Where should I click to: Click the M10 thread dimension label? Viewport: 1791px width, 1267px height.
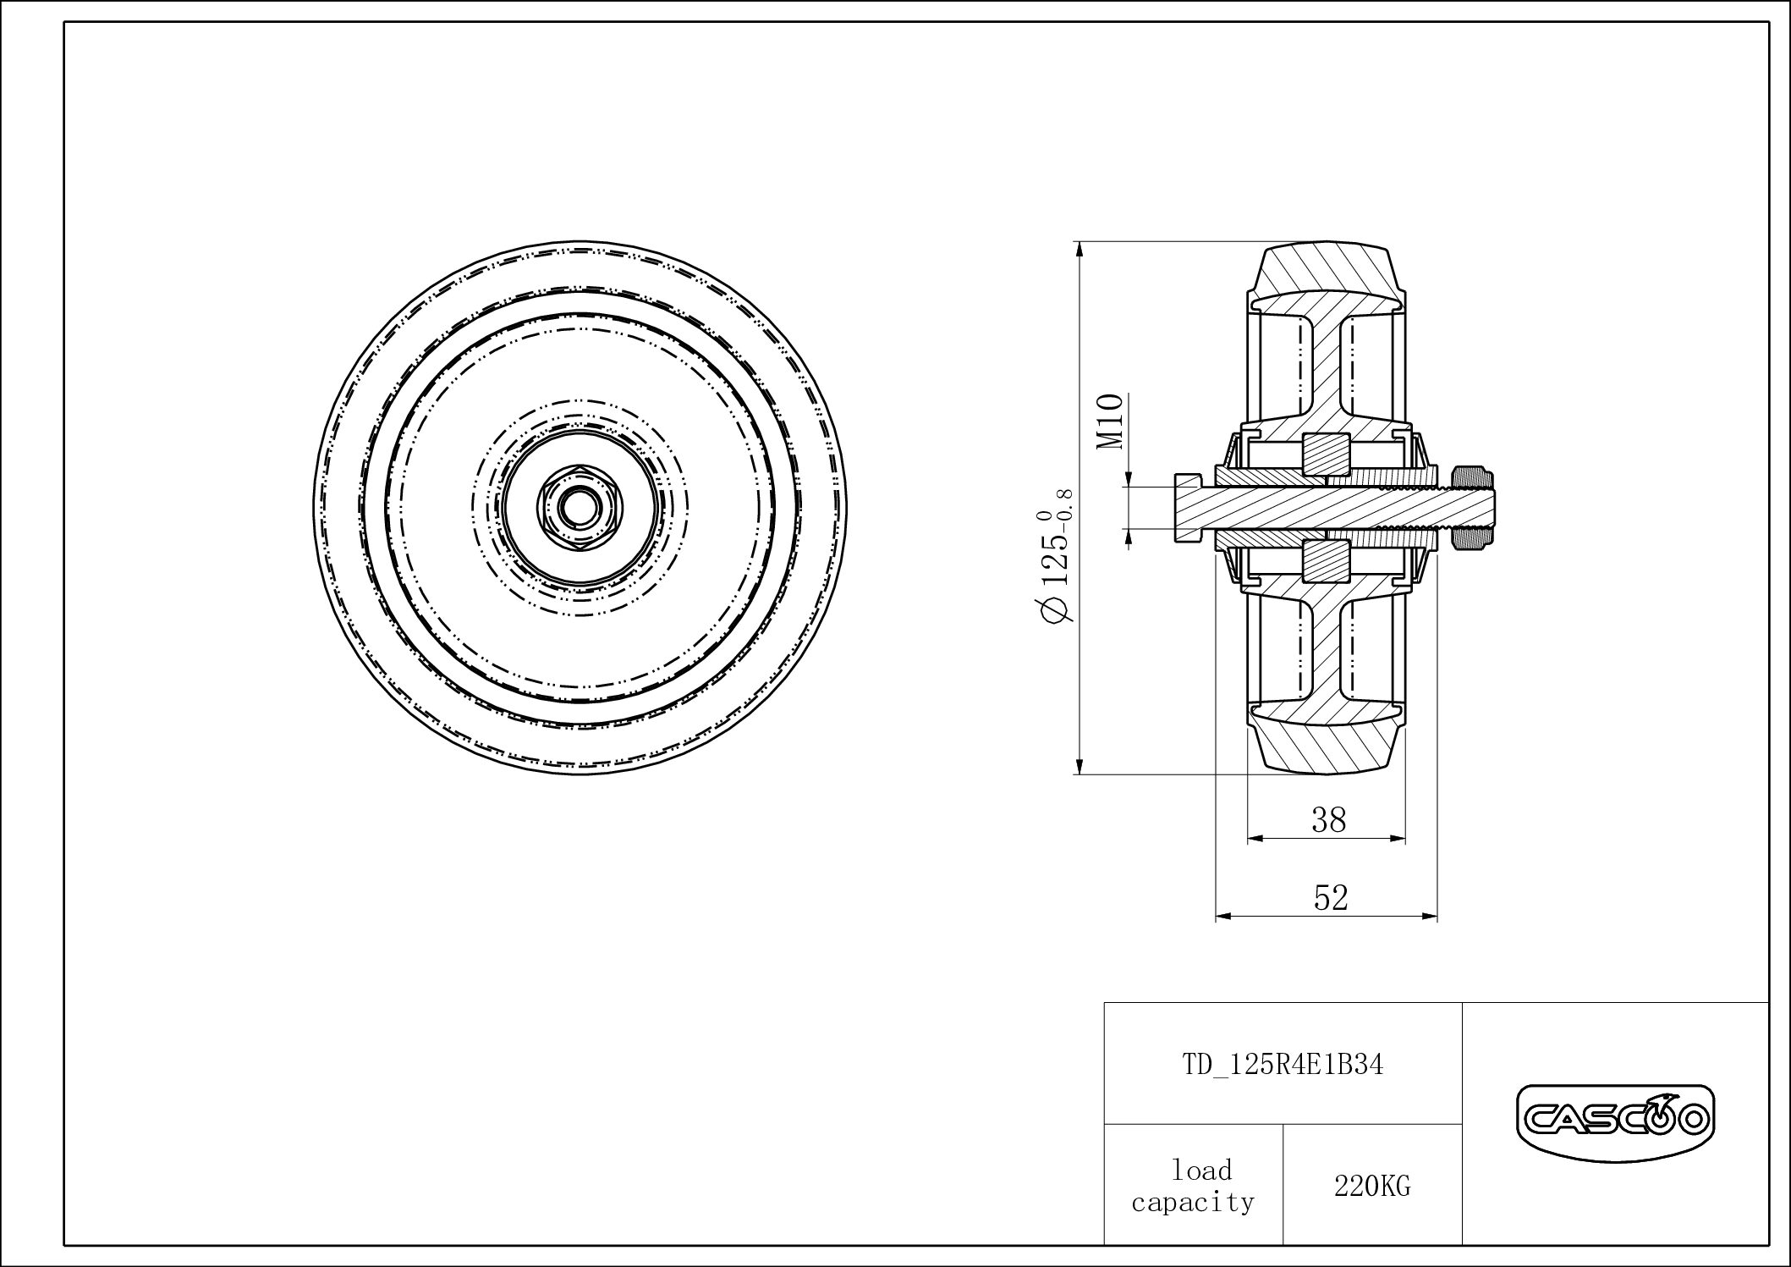pyautogui.click(x=1110, y=421)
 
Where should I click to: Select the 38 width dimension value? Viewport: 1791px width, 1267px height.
pyautogui.click(x=1328, y=819)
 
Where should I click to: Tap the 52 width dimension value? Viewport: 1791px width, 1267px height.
pyautogui.click(x=1330, y=897)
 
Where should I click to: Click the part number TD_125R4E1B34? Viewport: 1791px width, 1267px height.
pyautogui.click(x=1283, y=1065)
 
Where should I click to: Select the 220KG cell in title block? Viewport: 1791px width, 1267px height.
pyautogui.click(x=1372, y=1187)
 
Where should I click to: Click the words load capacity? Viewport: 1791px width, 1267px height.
pyautogui.click(x=1194, y=1187)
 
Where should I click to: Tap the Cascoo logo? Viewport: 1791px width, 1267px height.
pyautogui.click(x=1615, y=1121)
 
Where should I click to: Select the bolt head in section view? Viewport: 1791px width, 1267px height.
pyautogui.click(x=1187, y=508)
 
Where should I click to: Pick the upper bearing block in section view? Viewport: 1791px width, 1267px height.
pyautogui.click(x=1326, y=454)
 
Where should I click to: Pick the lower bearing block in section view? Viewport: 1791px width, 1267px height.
pyautogui.click(x=1326, y=562)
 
